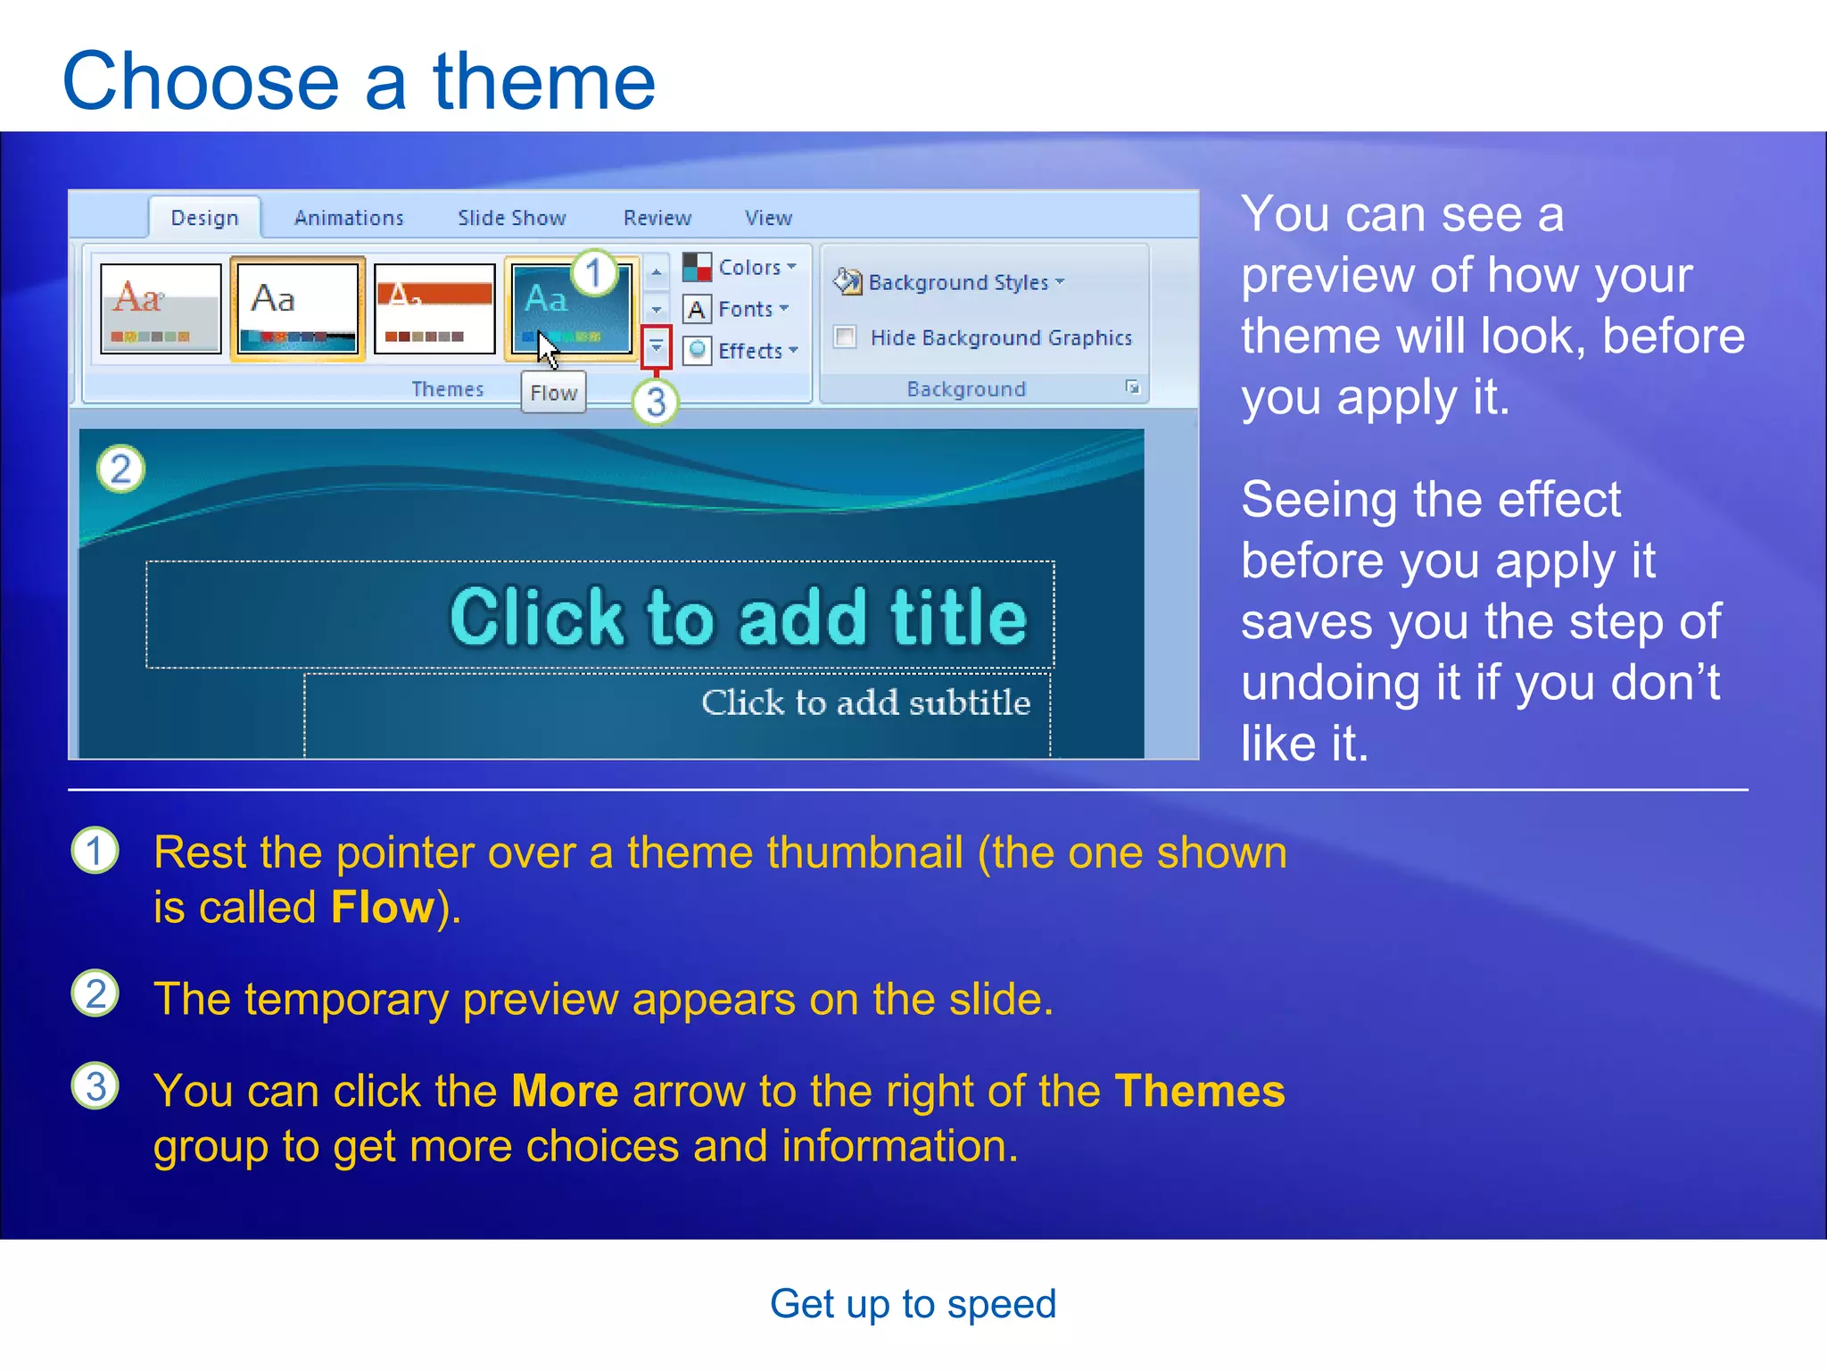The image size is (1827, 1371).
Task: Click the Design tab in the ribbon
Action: [204, 218]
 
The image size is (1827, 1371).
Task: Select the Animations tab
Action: [349, 218]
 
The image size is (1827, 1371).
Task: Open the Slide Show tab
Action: [511, 218]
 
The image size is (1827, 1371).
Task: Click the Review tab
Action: [657, 218]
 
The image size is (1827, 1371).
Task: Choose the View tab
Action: [768, 218]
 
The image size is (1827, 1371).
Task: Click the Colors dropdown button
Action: [741, 267]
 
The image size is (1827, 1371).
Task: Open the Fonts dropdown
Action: [738, 309]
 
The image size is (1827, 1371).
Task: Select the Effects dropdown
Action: [742, 351]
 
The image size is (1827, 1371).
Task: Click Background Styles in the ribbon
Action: [950, 282]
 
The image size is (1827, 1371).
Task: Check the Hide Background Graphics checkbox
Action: [845, 337]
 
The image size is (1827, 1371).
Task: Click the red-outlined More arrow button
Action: [656, 346]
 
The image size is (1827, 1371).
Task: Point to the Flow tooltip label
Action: [553, 393]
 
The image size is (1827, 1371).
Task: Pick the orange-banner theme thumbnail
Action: [434, 308]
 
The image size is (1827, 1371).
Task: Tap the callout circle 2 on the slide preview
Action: [120, 469]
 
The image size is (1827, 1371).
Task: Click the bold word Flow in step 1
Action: [382, 908]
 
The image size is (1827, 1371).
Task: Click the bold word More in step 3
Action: [565, 1092]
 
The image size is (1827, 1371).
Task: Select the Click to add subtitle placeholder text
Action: [864, 703]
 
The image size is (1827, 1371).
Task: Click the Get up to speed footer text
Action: [913, 1304]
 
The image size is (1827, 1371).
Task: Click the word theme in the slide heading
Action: [544, 82]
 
